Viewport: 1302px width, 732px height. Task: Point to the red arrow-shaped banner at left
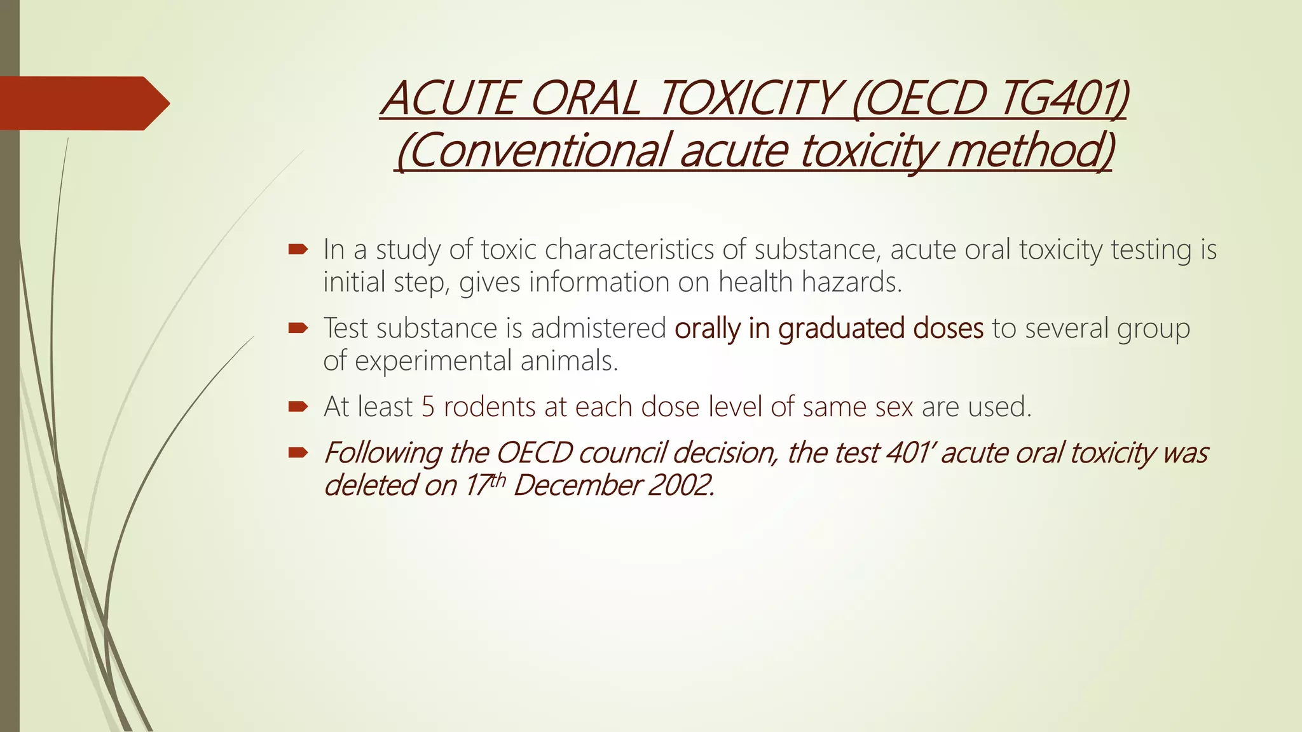click(83, 103)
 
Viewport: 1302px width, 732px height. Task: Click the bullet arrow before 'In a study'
click(298, 249)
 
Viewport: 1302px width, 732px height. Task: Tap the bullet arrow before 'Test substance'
click(298, 328)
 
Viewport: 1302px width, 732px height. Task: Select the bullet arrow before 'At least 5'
click(298, 407)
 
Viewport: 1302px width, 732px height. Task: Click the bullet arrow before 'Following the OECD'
click(298, 452)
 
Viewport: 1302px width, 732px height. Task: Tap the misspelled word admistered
click(598, 329)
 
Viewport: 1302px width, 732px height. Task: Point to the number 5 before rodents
click(428, 407)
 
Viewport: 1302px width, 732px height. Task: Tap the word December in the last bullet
click(577, 485)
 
